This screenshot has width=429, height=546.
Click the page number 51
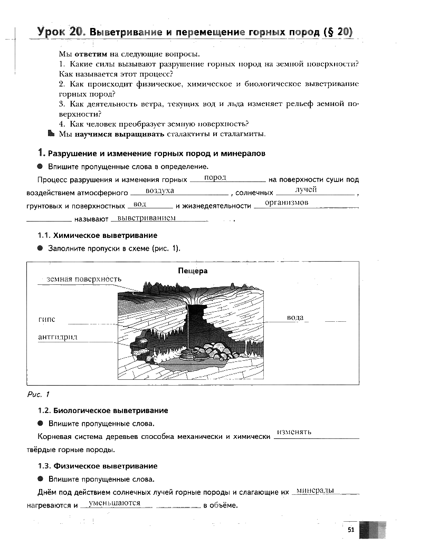tap(350, 529)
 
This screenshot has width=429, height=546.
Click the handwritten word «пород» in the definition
tap(215, 178)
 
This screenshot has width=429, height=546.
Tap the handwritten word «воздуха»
tap(159, 190)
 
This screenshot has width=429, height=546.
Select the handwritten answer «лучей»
tap(306, 189)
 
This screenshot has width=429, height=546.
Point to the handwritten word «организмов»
tap(286, 203)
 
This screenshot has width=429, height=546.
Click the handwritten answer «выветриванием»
tap(146, 217)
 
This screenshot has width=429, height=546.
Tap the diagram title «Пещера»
tap(193, 271)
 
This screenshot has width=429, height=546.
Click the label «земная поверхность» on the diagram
tap(84, 279)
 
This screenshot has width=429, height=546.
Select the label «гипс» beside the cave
tap(46, 319)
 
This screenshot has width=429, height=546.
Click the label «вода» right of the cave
tap(295, 318)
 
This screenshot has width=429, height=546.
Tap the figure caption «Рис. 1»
tap(37, 395)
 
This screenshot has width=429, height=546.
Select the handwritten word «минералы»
tap(315, 491)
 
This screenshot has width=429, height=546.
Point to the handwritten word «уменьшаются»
tap(115, 503)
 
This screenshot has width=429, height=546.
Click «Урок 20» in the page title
tap(61, 32)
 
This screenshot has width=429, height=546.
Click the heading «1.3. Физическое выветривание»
tap(98, 466)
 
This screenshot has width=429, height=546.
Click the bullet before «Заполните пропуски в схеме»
tap(40, 248)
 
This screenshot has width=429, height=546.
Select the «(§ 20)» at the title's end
tap(337, 32)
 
